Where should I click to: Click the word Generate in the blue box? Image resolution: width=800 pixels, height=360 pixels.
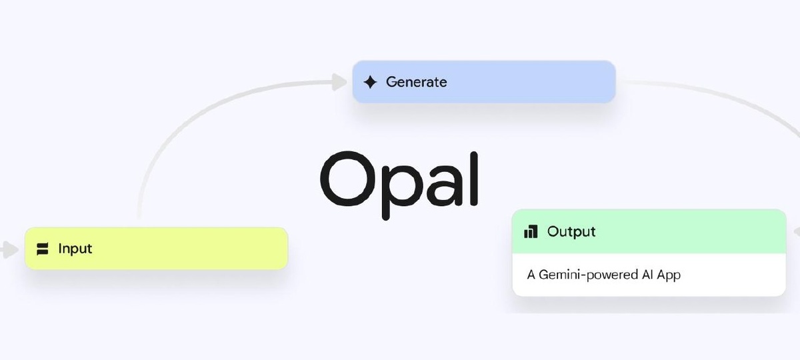click(x=417, y=83)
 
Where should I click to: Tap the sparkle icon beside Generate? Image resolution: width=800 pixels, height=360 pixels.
click(x=370, y=83)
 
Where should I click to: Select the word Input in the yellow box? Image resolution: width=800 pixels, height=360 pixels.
click(x=75, y=249)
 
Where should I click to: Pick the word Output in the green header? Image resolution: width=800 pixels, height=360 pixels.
click(x=571, y=232)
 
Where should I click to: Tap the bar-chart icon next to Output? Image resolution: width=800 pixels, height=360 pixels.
click(x=531, y=232)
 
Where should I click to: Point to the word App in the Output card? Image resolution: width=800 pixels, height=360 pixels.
click(x=667, y=274)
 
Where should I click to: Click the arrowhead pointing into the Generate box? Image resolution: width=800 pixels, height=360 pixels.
click(x=340, y=82)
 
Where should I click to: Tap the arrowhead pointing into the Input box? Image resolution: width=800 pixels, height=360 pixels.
click(x=9, y=250)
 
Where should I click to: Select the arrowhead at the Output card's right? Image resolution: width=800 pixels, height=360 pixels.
click(x=796, y=231)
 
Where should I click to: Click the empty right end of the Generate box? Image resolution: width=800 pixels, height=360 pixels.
click(x=573, y=83)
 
